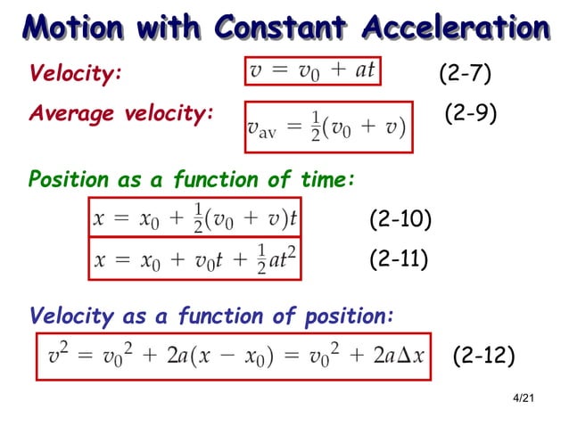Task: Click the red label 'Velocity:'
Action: pyautogui.click(x=74, y=74)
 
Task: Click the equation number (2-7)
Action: pyautogui.click(x=465, y=73)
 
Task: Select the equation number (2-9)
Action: pyautogui.click(x=470, y=114)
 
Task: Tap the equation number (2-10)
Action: pyautogui.click(x=400, y=219)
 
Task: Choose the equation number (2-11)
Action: pyautogui.click(x=399, y=259)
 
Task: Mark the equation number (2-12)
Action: pyautogui.click(x=483, y=356)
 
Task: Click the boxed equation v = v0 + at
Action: pyautogui.click(x=312, y=71)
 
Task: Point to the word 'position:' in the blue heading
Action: pyautogui.click(x=348, y=315)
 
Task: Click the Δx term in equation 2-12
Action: pyautogui.click(x=408, y=356)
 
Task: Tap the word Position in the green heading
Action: pyautogui.click(x=67, y=181)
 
